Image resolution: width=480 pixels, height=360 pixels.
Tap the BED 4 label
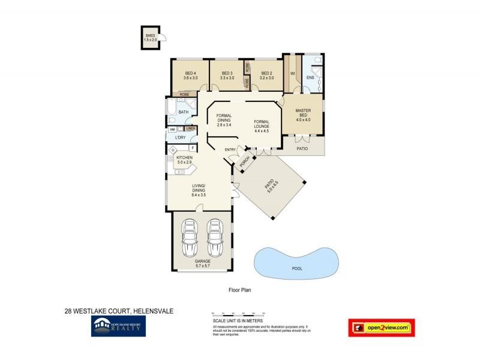coord(191,76)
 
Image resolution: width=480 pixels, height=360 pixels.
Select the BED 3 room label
coord(226,76)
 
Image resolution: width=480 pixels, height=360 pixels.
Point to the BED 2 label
coord(267,76)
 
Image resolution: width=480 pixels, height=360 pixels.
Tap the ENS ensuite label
coord(310,78)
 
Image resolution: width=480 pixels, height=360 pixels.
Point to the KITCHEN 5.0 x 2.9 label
coord(184,160)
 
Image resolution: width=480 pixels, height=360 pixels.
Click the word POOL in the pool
coord(296,269)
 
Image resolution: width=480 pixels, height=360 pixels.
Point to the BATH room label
coord(183,112)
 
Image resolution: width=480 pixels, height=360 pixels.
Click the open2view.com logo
coord(382,327)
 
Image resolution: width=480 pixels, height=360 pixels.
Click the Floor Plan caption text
coord(239,290)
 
